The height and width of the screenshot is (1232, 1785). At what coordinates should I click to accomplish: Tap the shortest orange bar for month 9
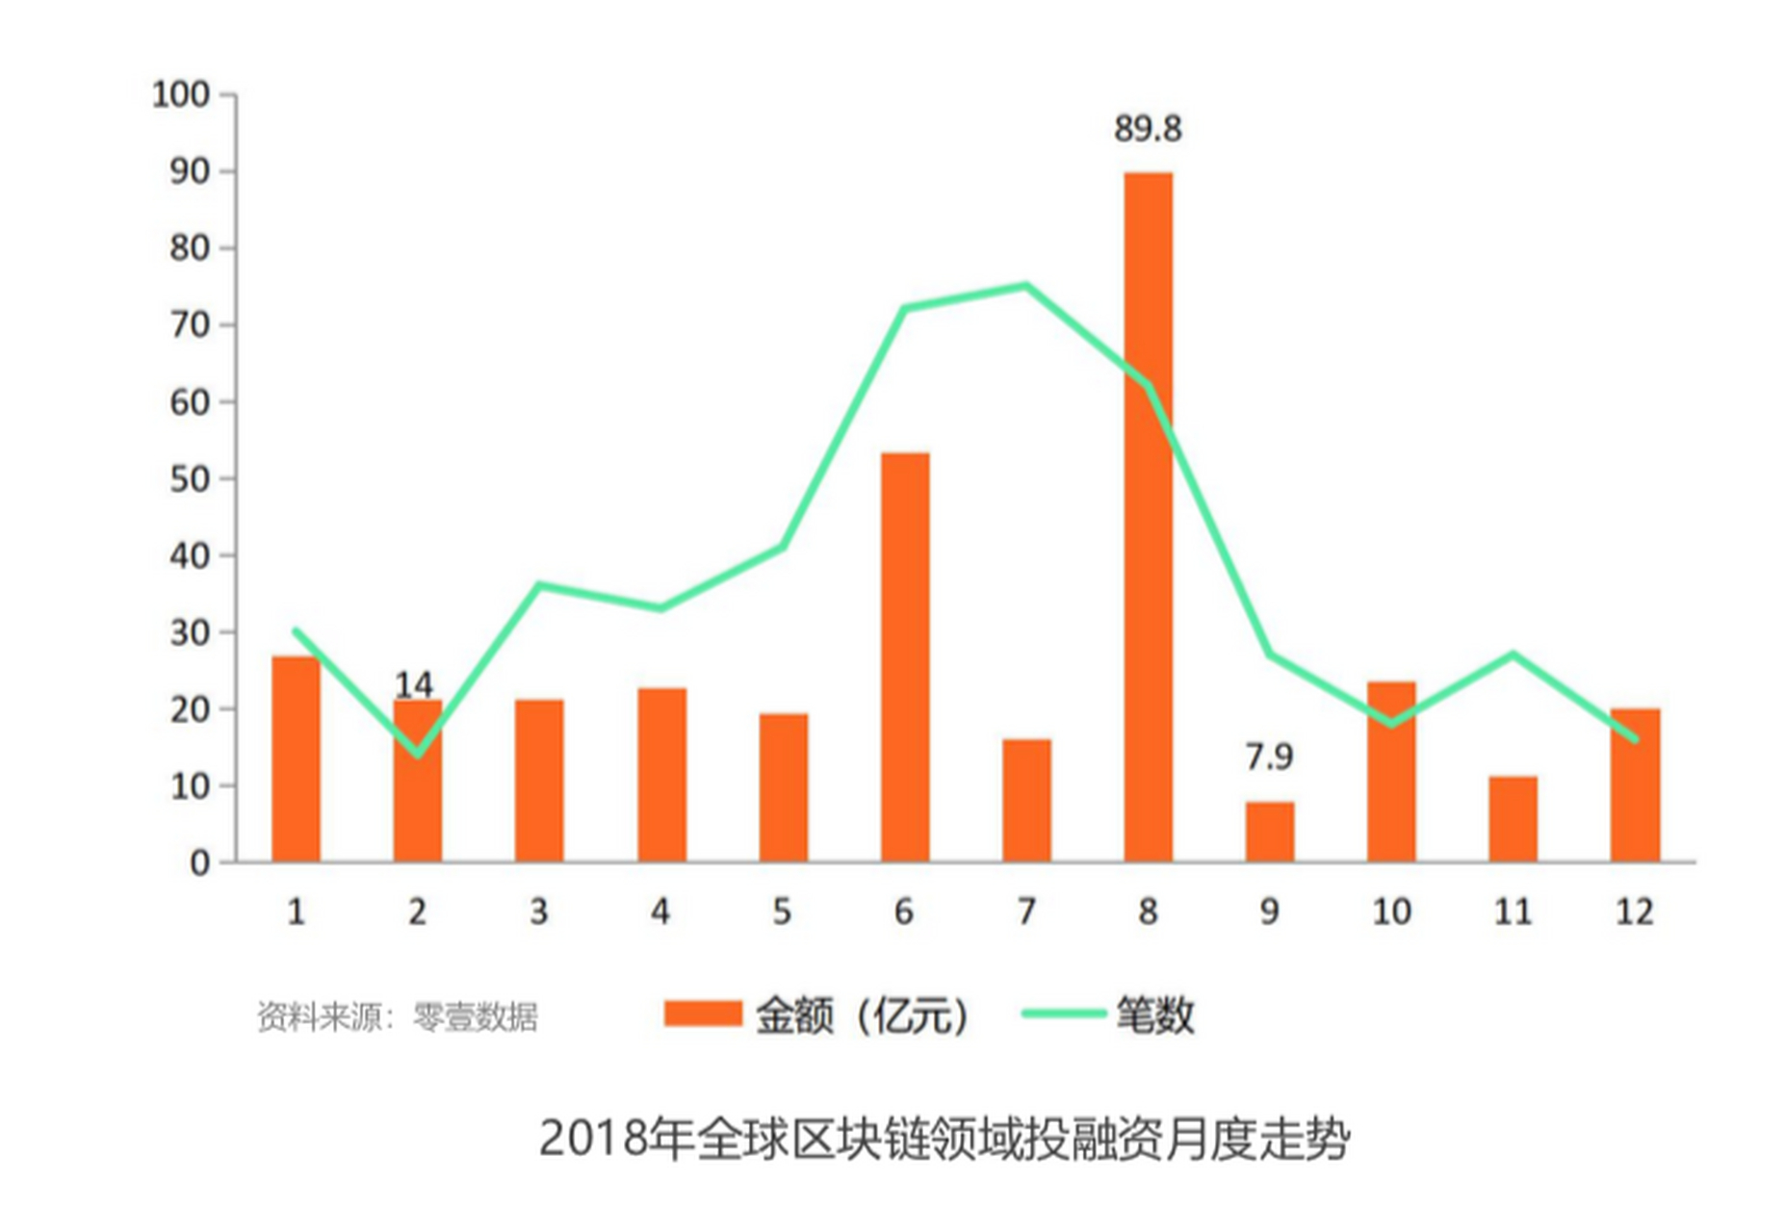coord(1269,832)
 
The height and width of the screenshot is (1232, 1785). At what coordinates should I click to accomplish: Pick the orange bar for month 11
coord(1513,819)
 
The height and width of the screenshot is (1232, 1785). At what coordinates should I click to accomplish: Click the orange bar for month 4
coord(661,775)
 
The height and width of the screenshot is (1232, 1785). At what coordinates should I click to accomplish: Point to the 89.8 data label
coord(1148,129)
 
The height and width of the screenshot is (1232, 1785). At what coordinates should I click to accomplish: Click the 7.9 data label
coord(1269,757)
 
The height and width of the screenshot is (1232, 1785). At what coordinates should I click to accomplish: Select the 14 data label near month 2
coord(414,684)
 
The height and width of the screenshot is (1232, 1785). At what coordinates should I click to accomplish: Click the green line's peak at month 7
coord(1026,285)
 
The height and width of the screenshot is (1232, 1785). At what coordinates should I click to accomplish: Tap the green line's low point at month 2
coord(418,754)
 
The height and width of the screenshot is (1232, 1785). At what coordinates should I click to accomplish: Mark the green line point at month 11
coord(1513,654)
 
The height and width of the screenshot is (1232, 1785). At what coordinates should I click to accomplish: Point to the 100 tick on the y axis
coord(181,94)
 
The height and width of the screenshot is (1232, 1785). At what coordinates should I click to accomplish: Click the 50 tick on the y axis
coord(190,479)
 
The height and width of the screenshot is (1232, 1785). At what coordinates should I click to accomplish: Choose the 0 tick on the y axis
coord(199,863)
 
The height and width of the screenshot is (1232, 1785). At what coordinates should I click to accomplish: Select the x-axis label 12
coord(1634,911)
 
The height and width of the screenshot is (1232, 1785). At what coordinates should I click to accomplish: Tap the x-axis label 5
coord(782,911)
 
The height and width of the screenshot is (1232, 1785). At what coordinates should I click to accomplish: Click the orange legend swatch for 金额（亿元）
coord(702,1014)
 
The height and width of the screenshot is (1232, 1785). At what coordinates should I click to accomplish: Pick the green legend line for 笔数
coord(1062,1014)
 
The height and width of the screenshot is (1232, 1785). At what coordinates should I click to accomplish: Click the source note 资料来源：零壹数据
coord(397,1016)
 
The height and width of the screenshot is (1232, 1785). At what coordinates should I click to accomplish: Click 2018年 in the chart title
coord(615,1139)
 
